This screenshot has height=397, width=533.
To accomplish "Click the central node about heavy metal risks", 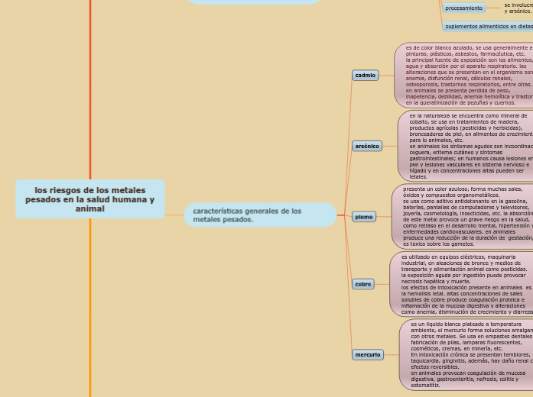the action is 89,198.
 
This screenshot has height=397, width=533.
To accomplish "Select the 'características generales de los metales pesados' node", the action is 260,215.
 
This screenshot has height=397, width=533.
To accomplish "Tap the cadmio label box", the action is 366,76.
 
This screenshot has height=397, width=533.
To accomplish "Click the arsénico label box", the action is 367,146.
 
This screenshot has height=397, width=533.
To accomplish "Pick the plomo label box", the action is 364,217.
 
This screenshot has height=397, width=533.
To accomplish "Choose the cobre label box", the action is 363,284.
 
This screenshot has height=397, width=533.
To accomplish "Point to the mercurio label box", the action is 367,355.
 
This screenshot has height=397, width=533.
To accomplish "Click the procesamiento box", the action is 464,8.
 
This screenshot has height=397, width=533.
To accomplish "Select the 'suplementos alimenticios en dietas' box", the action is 488,26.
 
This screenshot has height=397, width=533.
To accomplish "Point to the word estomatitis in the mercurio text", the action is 426,386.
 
